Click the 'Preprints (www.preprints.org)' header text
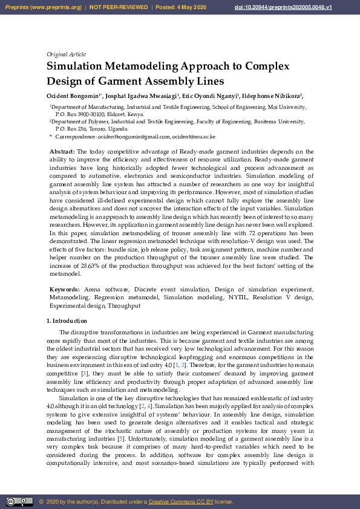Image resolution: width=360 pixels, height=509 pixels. pyautogui.click(x=42, y=7)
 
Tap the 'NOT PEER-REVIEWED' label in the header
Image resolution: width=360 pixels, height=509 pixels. pyautogui.click(x=119, y=7)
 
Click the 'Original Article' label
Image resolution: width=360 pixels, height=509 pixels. pyautogui.click(x=66, y=54)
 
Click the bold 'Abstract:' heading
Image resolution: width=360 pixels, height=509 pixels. pyautogui.click(x=62, y=151)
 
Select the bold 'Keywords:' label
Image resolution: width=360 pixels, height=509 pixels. pyautogui.click(x=65, y=290)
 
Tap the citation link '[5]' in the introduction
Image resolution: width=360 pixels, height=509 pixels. pyautogui.click(x=122, y=438)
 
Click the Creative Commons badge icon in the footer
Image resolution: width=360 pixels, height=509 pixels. pyautogui.click(x=19, y=502)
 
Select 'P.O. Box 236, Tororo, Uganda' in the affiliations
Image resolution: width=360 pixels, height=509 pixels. pyautogui.click(x=92, y=129)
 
